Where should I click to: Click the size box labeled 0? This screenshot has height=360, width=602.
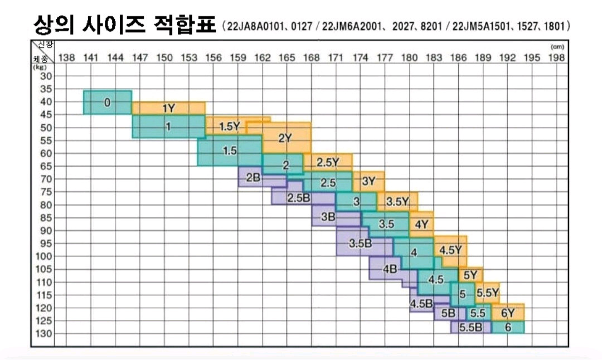[108, 103]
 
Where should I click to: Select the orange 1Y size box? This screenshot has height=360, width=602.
[168, 109]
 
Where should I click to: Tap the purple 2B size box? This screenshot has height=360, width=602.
[253, 178]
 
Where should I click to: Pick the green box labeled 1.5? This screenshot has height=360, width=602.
[230, 151]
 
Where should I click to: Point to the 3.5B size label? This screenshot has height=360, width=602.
[360, 244]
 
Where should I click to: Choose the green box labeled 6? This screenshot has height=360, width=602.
[508, 328]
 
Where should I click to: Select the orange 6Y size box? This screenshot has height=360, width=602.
[508, 313]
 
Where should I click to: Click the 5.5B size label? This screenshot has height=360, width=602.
[470, 328]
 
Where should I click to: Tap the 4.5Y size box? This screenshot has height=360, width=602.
[450, 250]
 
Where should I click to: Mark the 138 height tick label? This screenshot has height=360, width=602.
[66, 57]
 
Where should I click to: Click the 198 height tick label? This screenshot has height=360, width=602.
[556, 57]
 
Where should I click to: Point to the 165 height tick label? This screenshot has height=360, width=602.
[287, 57]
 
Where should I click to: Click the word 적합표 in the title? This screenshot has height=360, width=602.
[184, 25]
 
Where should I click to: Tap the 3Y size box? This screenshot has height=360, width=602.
[368, 181]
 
